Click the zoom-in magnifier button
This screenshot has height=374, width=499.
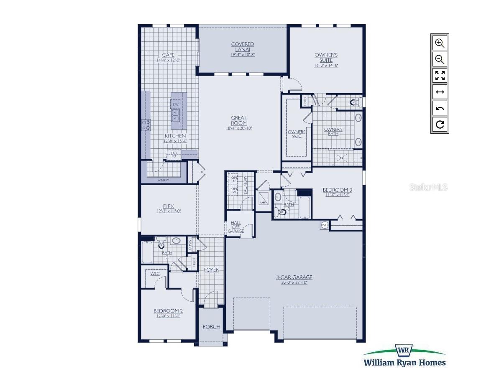pyautogui.click(x=440, y=43)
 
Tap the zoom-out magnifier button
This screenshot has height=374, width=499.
pyautogui.click(x=440, y=59)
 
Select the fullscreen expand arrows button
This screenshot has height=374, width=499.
pyautogui.click(x=440, y=76)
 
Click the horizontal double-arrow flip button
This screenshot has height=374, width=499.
pyautogui.click(x=440, y=92)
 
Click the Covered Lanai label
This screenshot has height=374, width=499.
pyautogui.click(x=243, y=47)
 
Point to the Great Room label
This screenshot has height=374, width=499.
pyautogui.click(x=239, y=121)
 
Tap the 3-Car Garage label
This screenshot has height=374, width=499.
pyautogui.click(x=294, y=277)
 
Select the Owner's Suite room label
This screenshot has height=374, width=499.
pyautogui.click(x=326, y=58)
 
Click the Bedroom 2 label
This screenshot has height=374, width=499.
pyautogui.click(x=168, y=311)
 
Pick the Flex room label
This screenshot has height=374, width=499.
pyautogui.click(x=169, y=206)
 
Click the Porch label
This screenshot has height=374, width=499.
pyautogui.click(x=211, y=327)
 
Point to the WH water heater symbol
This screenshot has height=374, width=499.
pyautogui.click(x=325, y=225)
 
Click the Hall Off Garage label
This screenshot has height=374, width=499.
pyautogui.click(x=235, y=227)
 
